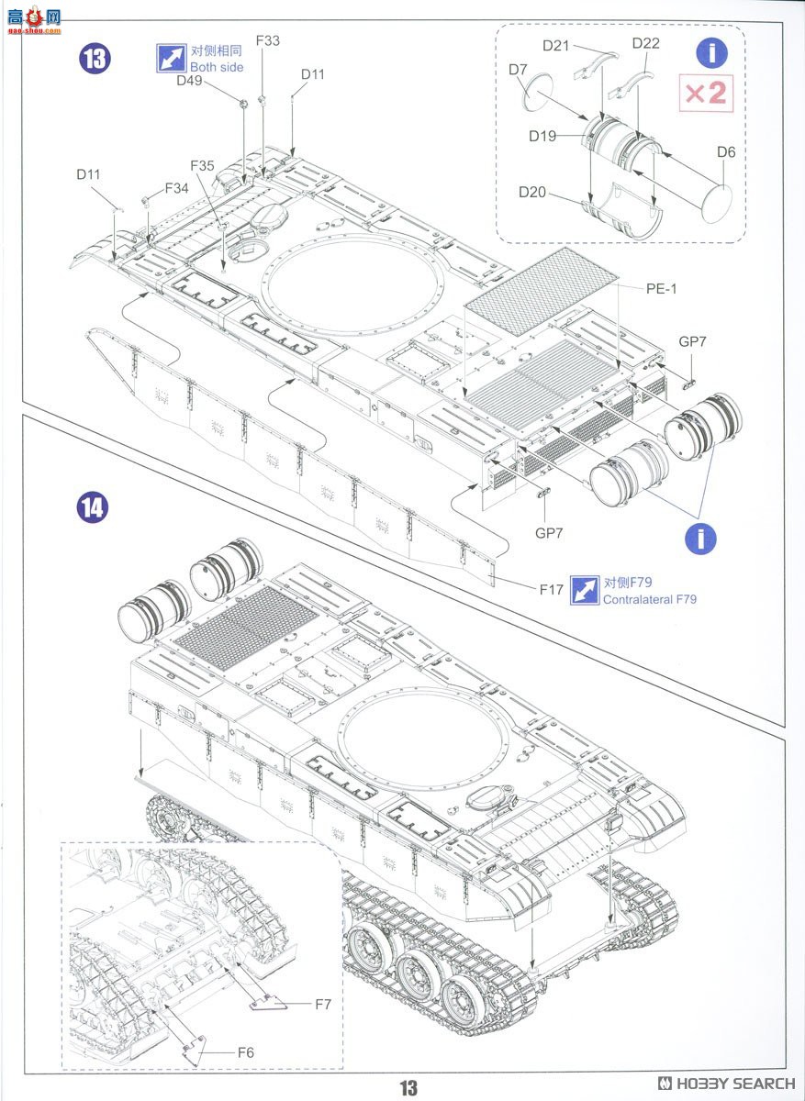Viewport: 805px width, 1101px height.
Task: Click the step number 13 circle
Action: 95,59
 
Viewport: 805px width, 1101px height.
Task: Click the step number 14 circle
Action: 92,506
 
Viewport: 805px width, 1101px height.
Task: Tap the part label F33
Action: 268,40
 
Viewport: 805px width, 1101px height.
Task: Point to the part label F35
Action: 202,166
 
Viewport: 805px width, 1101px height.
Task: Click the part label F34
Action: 177,188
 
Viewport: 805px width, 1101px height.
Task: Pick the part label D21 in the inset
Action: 556,45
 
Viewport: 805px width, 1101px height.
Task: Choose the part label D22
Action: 645,44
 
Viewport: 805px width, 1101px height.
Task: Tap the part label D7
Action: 518,69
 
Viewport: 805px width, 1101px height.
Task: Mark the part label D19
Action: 542,136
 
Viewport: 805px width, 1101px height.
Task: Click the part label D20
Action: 532,192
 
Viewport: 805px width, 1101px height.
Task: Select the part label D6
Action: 726,151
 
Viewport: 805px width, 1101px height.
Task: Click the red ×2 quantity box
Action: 706,94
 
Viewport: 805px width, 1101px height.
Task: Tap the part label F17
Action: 551,590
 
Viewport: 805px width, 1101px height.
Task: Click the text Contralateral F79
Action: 649,599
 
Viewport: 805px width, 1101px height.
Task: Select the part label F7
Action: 323,1004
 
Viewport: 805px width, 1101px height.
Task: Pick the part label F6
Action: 245,1051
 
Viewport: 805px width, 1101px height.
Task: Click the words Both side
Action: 217,67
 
